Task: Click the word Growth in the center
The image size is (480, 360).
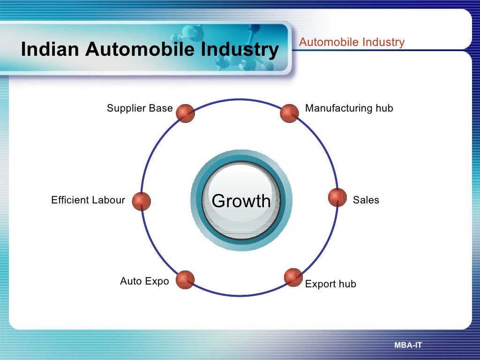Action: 241,201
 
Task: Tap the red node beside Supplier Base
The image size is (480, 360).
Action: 185,113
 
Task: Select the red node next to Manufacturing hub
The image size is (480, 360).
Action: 289,113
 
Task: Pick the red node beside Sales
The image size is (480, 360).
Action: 337,197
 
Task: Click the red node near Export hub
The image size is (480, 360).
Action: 293,277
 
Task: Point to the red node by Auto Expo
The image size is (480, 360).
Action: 185,279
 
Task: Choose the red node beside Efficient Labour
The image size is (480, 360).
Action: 141,201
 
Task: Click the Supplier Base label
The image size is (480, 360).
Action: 140,108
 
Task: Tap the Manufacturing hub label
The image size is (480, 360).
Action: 349,108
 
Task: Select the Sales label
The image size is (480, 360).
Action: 366,200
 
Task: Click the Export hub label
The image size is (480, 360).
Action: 330,284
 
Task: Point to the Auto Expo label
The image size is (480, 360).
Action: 144,281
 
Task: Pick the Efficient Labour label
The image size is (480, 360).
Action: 88,200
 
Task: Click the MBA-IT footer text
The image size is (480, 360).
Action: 408,345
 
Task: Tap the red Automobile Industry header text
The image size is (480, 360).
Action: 352,42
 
